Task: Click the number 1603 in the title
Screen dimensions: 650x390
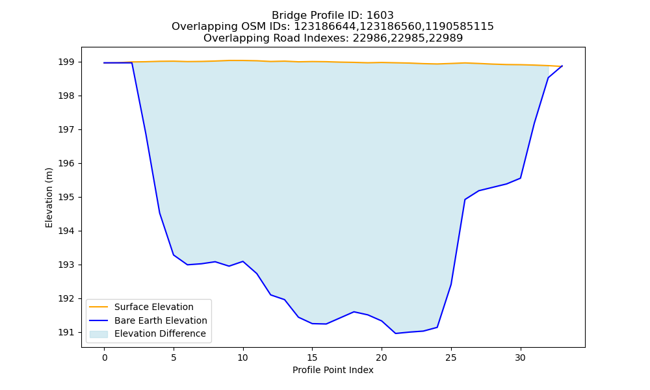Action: tap(380, 16)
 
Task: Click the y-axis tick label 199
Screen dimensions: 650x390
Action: tap(66, 62)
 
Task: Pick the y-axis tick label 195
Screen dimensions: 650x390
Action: tap(66, 198)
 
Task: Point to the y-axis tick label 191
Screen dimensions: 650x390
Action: tap(66, 332)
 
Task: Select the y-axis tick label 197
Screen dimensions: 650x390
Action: tap(66, 130)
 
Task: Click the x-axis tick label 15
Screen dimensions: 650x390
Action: tap(312, 357)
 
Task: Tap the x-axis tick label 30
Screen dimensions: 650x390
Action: tap(520, 357)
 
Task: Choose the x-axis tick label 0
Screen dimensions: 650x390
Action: tap(104, 357)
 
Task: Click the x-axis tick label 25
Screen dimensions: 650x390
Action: tap(451, 357)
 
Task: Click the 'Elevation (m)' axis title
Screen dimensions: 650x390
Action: tap(49, 198)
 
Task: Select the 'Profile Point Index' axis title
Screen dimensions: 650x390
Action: tap(333, 370)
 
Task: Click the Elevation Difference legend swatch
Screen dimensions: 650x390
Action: tap(99, 333)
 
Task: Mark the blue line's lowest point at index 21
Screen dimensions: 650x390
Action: tap(395, 333)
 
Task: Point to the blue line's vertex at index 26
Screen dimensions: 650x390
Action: tap(465, 200)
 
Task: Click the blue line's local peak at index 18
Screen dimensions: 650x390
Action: tap(354, 311)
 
